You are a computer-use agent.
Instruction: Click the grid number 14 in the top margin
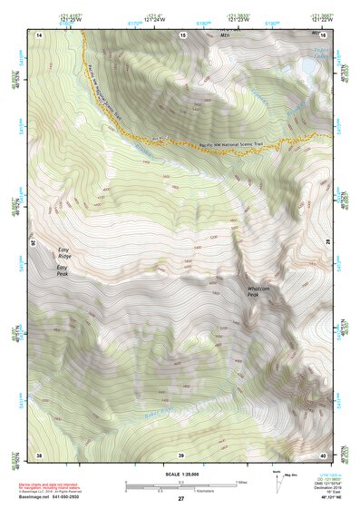pyautogui.click(x=40, y=34)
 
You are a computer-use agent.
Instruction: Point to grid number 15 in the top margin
pyautogui.click(x=182, y=34)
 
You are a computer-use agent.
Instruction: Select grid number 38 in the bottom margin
pyautogui.click(x=39, y=454)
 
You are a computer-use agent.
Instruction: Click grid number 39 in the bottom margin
pyautogui.click(x=181, y=454)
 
